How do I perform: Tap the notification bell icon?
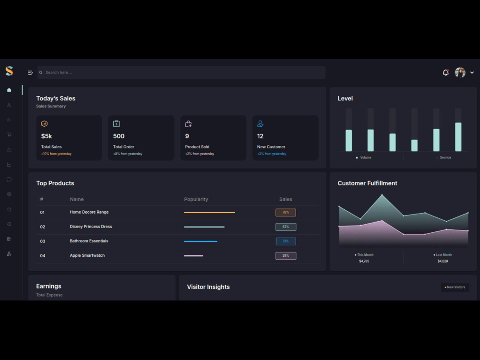point(445,72)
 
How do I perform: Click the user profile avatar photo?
point(460,72)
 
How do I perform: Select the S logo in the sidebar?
point(9,71)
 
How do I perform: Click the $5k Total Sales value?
point(46,136)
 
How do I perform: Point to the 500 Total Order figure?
point(119,136)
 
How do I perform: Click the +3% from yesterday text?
point(272,154)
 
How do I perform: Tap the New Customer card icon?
point(260,124)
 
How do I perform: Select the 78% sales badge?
point(286,212)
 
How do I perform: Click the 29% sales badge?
point(286,256)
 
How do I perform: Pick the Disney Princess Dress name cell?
point(91,227)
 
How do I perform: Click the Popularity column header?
point(196,199)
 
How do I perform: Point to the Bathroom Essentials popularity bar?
point(201,241)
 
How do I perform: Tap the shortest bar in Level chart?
point(414,145)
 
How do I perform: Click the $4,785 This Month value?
point(364,261)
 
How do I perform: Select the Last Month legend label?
point(443,255)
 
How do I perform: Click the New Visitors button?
point(455,287)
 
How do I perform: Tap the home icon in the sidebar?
point(9,90)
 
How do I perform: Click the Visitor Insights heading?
point(208,287)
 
